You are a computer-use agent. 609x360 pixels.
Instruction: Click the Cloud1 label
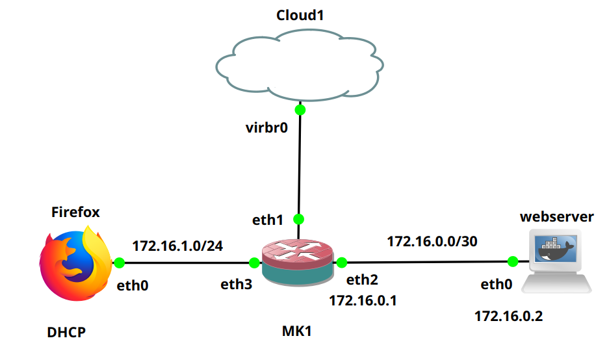point(300,16)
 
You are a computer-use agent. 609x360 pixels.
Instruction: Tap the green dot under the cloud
point(300,110)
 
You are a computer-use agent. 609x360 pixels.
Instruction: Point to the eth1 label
point(268,221)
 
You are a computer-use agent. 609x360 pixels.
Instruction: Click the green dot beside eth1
point(300,218)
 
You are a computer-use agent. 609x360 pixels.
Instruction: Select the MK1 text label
point(297,332)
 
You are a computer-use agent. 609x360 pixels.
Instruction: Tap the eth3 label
point(236,284)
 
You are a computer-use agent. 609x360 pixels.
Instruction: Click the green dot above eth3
point(254,263)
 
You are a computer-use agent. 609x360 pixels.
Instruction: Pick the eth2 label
point(362,281)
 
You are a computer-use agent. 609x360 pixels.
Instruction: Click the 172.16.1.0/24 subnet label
point(177,246)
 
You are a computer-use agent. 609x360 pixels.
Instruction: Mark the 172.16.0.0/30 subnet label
point(432,242)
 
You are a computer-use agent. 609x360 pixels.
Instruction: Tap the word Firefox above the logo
point(75,212)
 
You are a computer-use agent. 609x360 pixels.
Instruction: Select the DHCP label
point(66,333)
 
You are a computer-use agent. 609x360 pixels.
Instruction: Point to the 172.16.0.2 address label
point(508,316)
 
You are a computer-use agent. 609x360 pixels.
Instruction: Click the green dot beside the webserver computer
point(512,261)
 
